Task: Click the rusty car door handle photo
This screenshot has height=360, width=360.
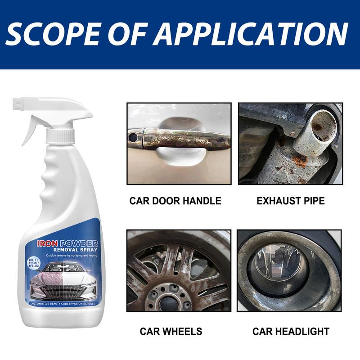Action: (x=179, y=143)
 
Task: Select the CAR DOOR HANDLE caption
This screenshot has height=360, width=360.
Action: (x=175, y=201)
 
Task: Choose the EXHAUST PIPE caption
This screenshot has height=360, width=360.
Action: (x=291, y=201)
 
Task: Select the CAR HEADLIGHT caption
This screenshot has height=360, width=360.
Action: (x=291, y=332)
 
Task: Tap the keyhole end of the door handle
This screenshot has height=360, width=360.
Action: (x=134, y=135)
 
